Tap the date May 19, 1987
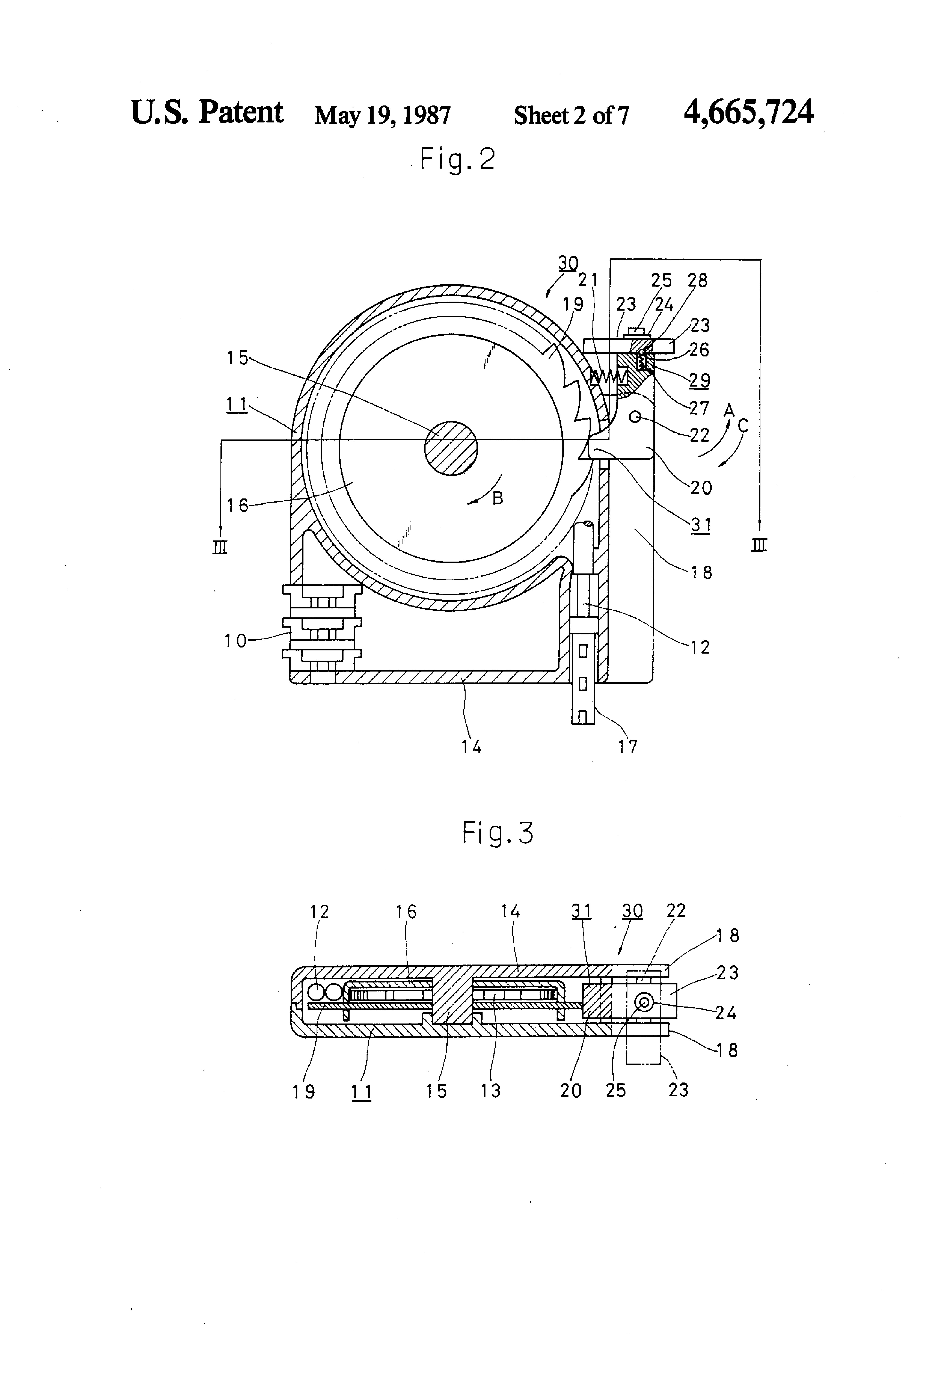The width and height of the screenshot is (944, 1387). coord(383,115)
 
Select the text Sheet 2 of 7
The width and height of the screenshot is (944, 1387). coord(571,115)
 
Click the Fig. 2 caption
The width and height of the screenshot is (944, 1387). coord(458,159)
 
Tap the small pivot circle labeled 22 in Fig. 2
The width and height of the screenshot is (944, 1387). coord(635,417)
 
